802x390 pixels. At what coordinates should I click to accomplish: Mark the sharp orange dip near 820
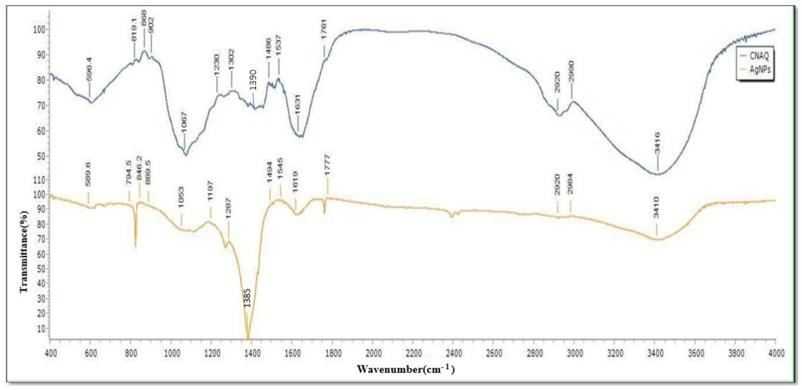click(x=135, y=246)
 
